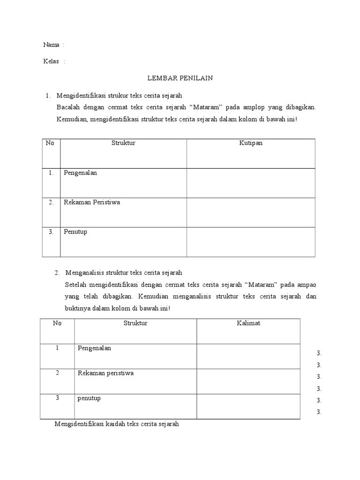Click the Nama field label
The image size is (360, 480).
click(x=52, y=45)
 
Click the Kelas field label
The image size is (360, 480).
click(x=52, y=61)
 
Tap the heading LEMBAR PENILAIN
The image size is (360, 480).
click(x=180, y=78)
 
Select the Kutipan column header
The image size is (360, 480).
click(x=251, y=143)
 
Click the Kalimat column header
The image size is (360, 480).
click(x=248, y=323)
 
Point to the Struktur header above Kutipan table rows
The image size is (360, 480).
click(x=123, y=143)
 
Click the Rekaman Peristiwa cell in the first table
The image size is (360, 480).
click(x=92, y=202)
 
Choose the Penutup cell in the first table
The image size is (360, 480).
click(x=75, y=232)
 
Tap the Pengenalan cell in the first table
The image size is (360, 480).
click(x=80, y=173)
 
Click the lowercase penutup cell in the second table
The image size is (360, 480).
click(x=89, y=398)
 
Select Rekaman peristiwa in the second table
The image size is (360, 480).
click(x=105, y=373)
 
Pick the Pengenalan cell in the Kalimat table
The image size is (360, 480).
click(x=94, y=348)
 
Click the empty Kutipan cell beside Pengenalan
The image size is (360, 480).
click(x=251, y=183)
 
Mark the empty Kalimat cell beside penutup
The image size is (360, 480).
click(x=248, y=406)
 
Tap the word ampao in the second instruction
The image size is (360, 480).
click(x=307, y=285)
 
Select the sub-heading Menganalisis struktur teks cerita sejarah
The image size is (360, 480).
click(x=124, y=272)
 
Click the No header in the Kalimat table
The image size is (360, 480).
click(x=57, y=323)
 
